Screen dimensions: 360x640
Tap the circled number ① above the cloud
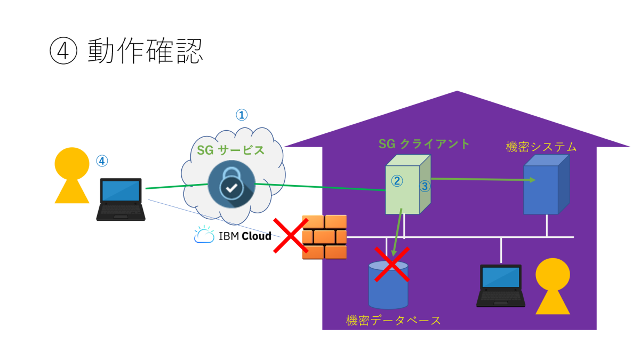[242, 115]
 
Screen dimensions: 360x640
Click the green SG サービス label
[231, 150]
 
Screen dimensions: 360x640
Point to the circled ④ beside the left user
[102, 160]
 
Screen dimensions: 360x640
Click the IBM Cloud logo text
[233, 236]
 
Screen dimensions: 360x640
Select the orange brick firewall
[324, 237]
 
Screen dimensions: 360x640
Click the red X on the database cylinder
[391, 263]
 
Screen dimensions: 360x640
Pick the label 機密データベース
[394, 321]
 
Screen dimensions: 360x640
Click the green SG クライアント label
[424, 143]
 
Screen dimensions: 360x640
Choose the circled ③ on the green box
[425, 186]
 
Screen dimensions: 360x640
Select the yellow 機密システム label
[541, 147]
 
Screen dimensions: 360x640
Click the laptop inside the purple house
[500, 286]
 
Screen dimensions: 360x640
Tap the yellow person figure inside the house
[553, 285]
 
